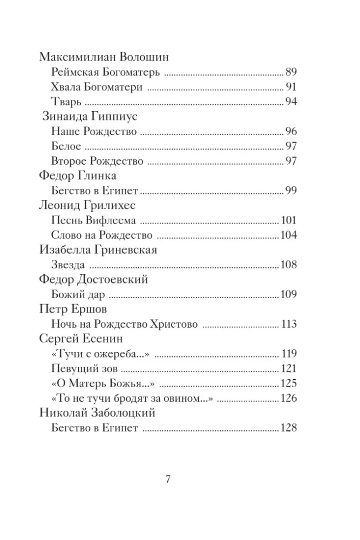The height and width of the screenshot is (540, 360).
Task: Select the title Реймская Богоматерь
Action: tap(106, 72)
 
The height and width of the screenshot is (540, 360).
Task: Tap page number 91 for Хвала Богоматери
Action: tap(292, 87)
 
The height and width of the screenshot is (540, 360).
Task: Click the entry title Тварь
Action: tap(66, 102)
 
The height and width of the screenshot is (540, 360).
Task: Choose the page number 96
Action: tap(292, 131)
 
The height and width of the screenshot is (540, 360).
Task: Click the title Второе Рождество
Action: tap(98, 161)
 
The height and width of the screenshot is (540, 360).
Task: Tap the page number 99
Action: tap(292, 190)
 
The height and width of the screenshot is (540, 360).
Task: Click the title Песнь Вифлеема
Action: tap(93, 220)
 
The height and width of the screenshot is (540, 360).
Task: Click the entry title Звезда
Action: tap(67, 265)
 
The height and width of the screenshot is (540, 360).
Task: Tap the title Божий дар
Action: tap(78, 294)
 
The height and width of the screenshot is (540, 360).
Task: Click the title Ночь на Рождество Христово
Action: tap(124, 324)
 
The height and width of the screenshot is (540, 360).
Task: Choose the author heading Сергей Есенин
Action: tap(81, 339)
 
